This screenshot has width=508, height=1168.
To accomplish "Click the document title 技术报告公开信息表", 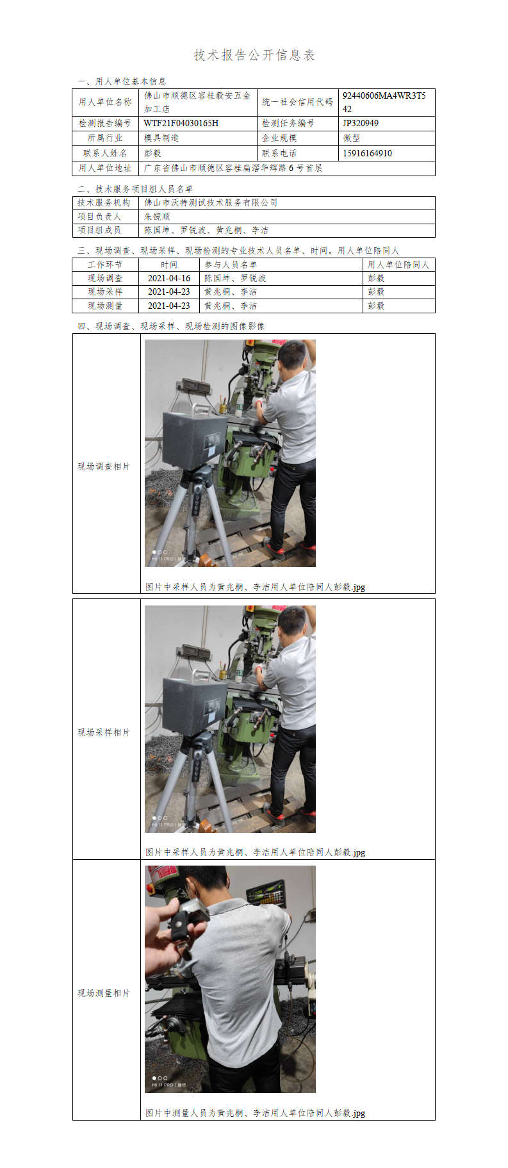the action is [x=254, y=55].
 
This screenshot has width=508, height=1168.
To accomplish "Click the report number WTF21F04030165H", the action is [x=181, y=123].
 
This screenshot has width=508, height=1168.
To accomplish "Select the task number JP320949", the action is [x=360, y=123].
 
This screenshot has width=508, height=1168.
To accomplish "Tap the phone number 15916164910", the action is [x=367, y=153].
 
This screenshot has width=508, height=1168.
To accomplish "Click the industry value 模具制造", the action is [x=161, y=138].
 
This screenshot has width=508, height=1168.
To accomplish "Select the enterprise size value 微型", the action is [x=351, y=138].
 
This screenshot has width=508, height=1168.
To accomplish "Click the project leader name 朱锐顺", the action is [x=157, y=217].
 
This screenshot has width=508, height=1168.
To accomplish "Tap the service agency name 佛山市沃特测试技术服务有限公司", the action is [x=211, y=202].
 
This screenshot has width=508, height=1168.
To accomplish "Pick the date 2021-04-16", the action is [x=169, y=278].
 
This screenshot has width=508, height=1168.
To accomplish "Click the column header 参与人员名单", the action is [x=231, y=265].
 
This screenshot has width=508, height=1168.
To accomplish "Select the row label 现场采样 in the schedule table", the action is [x=105, y=292].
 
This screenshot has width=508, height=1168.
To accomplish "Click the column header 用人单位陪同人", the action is [x=398, y=265].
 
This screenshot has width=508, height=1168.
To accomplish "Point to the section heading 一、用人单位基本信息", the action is [x=122, y=81].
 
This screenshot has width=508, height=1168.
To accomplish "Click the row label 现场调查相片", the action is [x=104, y=466].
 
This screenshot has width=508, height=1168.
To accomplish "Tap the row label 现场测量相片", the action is [x=104, y=993].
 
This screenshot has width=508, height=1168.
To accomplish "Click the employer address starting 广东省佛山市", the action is [x=233, y=168].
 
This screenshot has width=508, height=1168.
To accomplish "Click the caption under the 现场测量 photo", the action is [x=256, y=1113].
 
